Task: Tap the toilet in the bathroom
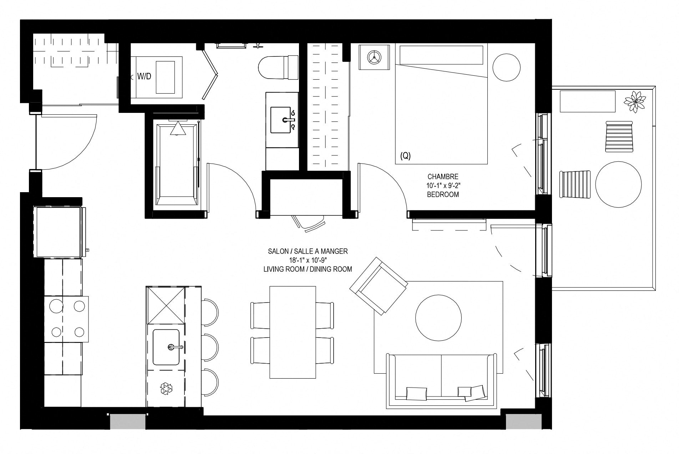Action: pyautogui.click(x=278, y=68)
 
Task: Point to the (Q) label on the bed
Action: pyautogui.click(x=406, y=156)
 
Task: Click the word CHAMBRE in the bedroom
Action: pyautogui.click(x=443, y=176)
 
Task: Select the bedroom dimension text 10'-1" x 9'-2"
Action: pyautogui.click(x=443, y=185)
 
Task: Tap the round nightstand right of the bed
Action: pyautogui.click(x=506, y=68)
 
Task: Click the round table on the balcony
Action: pyautogui.click(x=618, y=185)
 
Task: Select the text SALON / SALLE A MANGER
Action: pyautogui.click(x=308, y=251)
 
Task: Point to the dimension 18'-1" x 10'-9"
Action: pyautogui.click(x=308, y=260)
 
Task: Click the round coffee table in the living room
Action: pyautogui.click(x=439, y=317)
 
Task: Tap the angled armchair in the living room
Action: pyautogui.click(x=379, y=286)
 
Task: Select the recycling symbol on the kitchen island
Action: pyautogui.click(x=166, y=388)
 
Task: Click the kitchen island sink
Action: pyautogui.click(x=166, y=347)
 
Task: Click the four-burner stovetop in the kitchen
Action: pyautogui.click(x=67, y=319)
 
